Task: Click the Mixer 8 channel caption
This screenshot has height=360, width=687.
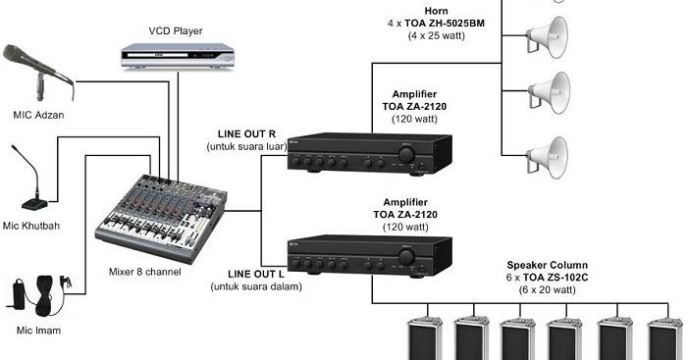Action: point(144,272)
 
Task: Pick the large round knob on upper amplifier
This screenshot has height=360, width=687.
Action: point(405,155)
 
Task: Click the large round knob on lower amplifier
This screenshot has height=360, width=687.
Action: point(405,260)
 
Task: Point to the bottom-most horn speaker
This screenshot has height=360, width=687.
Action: point(547,154)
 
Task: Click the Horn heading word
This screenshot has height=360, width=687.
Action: point(436,8)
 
